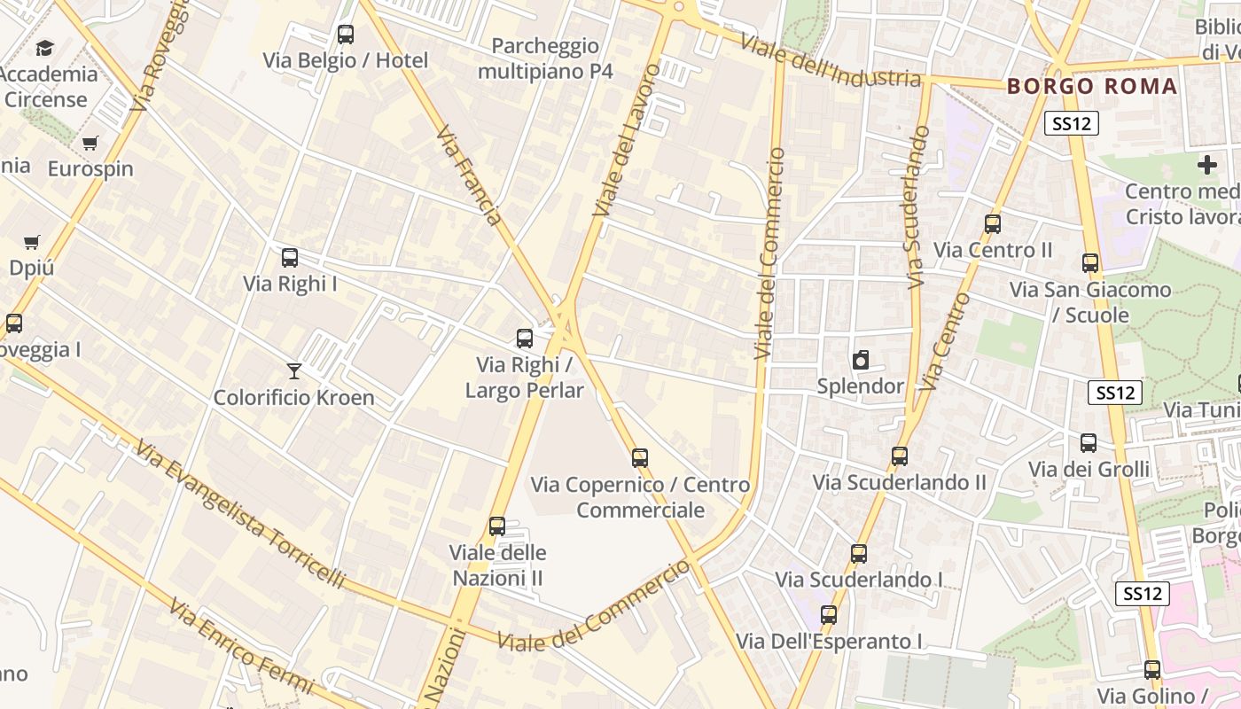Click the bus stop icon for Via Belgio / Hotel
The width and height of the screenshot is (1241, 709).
[x=346, y=35]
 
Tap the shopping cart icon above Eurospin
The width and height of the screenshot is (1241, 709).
[x=90, y=143]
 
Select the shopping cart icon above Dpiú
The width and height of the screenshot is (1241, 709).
[x=32, y=242]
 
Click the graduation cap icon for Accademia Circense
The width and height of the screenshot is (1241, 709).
[x=44, y=48]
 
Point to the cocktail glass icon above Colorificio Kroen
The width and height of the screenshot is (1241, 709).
[x=294, y=370]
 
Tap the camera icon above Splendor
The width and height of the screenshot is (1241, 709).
[x=860, y=360]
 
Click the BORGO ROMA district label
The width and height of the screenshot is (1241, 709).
[x=1092, y=87]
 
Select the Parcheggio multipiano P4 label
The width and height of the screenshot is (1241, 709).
[x=545, y=58]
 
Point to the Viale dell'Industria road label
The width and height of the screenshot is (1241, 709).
[x=830, y=61]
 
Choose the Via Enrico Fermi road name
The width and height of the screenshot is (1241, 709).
[x=241, y=648]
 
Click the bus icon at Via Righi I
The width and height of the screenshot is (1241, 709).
[x=290, y=258]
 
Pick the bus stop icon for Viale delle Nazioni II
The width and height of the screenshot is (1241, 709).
[x=497, y=526]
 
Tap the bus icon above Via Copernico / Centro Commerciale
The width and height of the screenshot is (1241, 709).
[x=640, y=458]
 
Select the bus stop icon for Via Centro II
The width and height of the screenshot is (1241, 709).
[x=993, y=224]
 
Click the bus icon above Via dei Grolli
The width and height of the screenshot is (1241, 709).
[x=1089, y=443]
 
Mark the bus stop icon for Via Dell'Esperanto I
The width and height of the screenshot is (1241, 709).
[x=829, y=615]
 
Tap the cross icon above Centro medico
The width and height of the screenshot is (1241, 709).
[x=1206, y=165]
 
